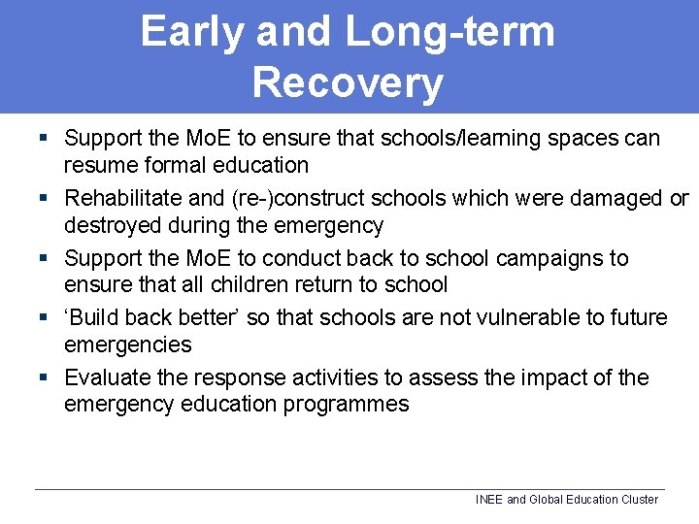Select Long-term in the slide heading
449,31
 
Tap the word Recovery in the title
347,82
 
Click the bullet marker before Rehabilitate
43,199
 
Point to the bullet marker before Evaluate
43,378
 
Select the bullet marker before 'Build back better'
43,318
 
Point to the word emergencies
127,344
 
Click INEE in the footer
489,500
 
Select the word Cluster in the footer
635,500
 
